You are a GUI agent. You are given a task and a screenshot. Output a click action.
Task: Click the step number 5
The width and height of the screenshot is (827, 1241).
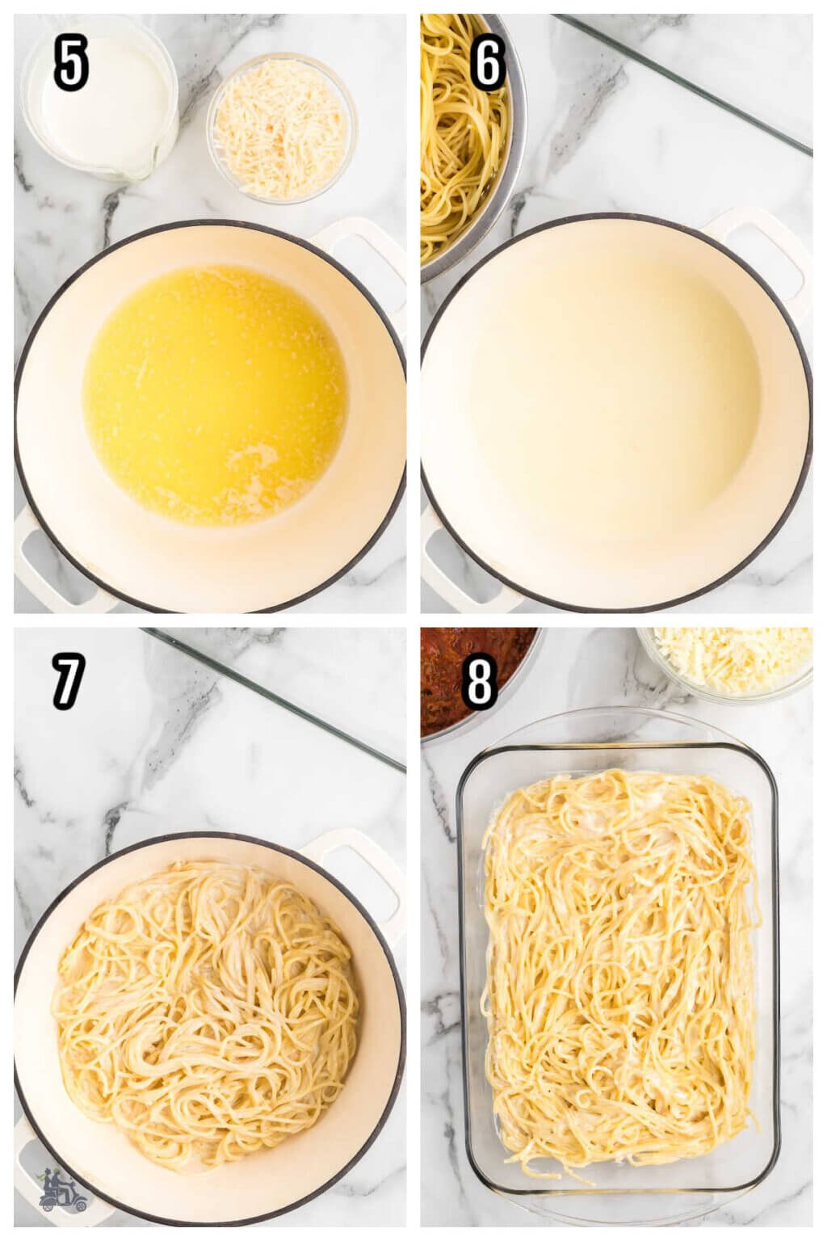(x=71, y=65)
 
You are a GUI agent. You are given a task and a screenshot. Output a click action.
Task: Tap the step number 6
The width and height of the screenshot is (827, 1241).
(x=488, y=65)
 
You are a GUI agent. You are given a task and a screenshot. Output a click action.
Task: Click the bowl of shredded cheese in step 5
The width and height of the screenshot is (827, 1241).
(x=282, y=128)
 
